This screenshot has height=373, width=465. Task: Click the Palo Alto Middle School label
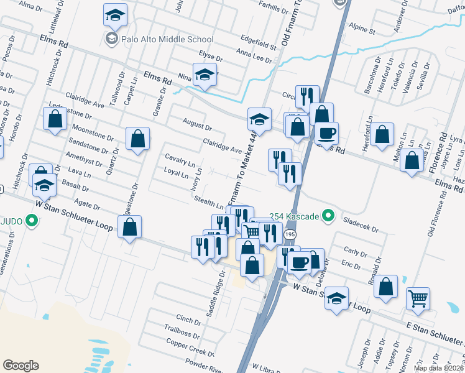coord(167,39)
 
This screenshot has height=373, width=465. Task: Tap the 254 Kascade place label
coord(294,216)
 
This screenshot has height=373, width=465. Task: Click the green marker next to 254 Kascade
coord(330,216)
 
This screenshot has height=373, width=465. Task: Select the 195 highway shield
coord(290,234)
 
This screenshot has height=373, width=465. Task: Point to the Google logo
coord(21,366)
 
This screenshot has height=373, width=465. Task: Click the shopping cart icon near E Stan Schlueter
coord(418,298)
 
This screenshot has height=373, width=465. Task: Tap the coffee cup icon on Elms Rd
coord(326,132)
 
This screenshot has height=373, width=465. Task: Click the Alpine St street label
coord(362,30)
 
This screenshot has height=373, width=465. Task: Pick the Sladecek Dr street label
coord(357,220)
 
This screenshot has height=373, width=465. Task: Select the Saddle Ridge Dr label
coord(218,288)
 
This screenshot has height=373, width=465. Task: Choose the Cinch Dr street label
coord(188,318)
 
